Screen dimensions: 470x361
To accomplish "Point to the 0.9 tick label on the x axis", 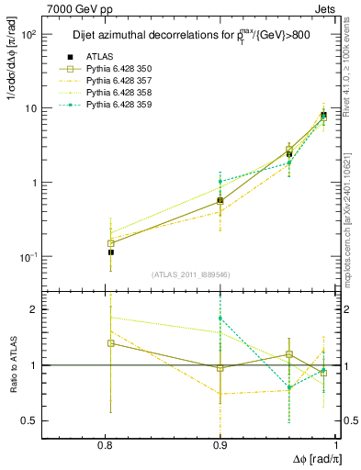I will pyautogui.click(x=220, y=444).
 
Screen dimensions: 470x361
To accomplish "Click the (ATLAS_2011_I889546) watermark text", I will pyautogui.click(x=190, y=274).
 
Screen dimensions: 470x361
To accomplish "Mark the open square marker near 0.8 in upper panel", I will pyautogui.click(x=111, y=244).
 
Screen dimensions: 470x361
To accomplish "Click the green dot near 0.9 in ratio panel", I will pyautogui.click(x=220, y=319).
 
